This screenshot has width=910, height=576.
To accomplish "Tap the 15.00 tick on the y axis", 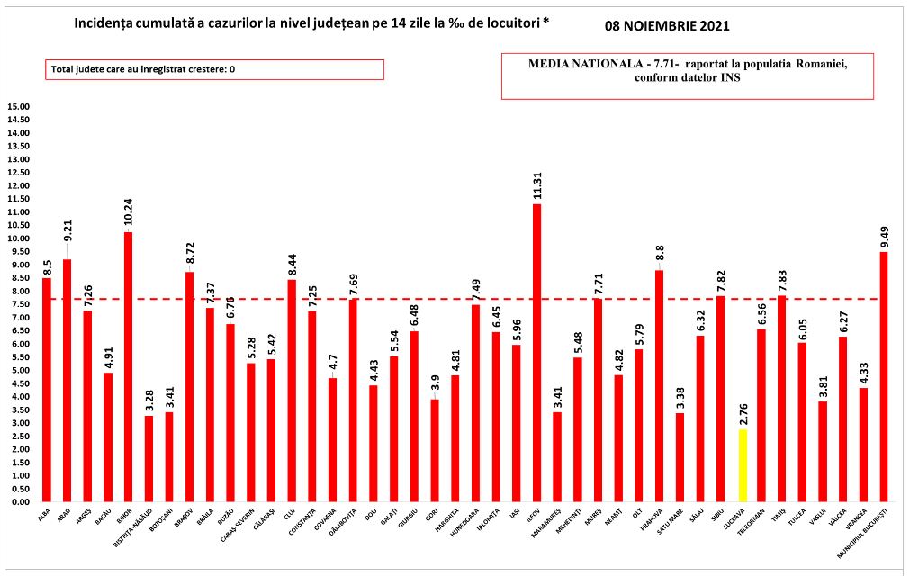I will click(19, 107).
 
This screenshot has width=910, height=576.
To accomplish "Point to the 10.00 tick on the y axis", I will click(19, 238).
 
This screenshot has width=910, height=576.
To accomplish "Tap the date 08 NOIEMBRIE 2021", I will click(667, 26).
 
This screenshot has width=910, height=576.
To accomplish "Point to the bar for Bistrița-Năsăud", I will click(149, 459).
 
